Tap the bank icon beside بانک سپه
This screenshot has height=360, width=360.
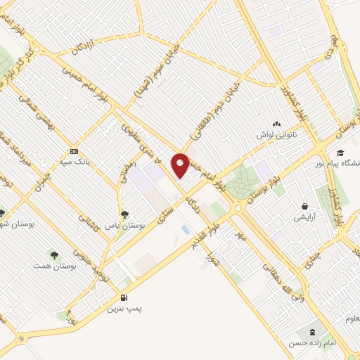(75, 152)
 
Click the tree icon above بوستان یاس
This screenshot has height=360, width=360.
(124, 214)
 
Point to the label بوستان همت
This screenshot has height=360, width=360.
(54, 266)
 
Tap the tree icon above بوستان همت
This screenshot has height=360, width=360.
(53, 253)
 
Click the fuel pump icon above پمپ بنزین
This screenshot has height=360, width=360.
(124, 297)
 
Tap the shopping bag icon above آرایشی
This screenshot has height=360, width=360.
(304, 206)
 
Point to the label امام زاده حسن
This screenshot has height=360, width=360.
(309, 342)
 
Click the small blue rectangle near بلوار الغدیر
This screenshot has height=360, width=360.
(185, 229)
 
